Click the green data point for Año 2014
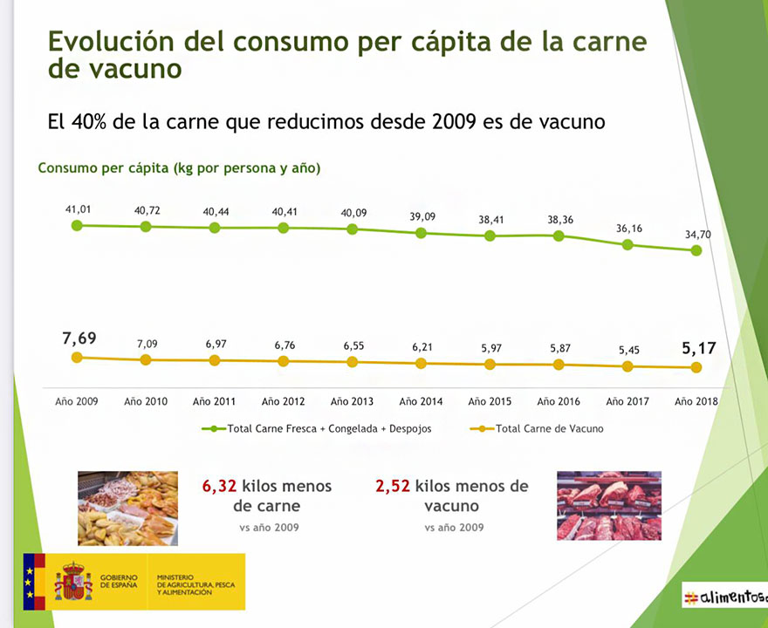pos(421,233)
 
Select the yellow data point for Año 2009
pos(77,357)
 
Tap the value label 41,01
pos(78,209)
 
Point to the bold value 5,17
pos(698,348)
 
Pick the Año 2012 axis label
pos(284,401)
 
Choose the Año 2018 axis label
pos(696,401)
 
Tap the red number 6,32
pos(220,486)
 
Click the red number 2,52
pos(393,486)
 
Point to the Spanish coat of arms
pos(74,581)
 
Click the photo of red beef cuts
pos(608,506)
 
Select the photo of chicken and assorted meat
pos(127,509)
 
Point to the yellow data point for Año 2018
pos(696,367)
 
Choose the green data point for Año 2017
pos(627,244)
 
